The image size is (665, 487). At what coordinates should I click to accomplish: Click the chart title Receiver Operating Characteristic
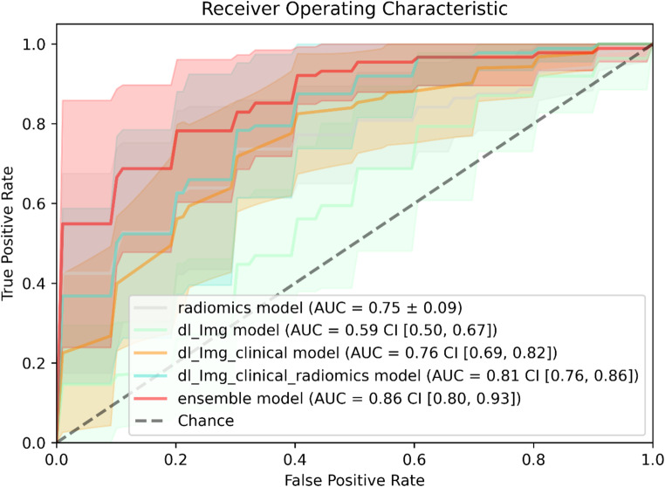point(354,9)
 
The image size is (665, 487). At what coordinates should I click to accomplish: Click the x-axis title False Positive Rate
point(354,480)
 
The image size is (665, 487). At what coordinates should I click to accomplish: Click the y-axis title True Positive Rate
point(8,233)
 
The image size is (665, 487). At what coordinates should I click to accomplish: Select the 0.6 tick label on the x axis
point(415,459)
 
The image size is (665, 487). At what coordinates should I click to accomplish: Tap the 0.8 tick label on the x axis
point(533,459)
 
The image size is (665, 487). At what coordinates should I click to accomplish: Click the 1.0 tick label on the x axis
point(653,459)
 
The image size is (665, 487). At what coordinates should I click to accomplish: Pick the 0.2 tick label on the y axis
point(33,363)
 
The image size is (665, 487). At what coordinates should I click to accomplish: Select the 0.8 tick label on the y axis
point(33,124)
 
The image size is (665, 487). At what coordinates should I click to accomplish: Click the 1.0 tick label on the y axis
point(33,45)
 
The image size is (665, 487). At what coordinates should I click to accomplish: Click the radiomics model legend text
point(319,307)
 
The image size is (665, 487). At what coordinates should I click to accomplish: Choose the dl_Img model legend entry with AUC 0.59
point(337,330)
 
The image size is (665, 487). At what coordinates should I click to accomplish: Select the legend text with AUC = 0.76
point(367,353)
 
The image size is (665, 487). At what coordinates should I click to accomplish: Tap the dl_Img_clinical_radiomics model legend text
point(408,376)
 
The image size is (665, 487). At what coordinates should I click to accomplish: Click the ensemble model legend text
point(349,398)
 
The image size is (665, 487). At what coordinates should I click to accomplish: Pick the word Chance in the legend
point(206,421)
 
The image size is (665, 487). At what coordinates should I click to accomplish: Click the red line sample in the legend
point(151,398)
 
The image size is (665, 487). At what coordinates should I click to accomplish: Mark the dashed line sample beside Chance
point(151,421)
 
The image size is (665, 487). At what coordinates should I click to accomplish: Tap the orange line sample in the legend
point(151,353)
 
